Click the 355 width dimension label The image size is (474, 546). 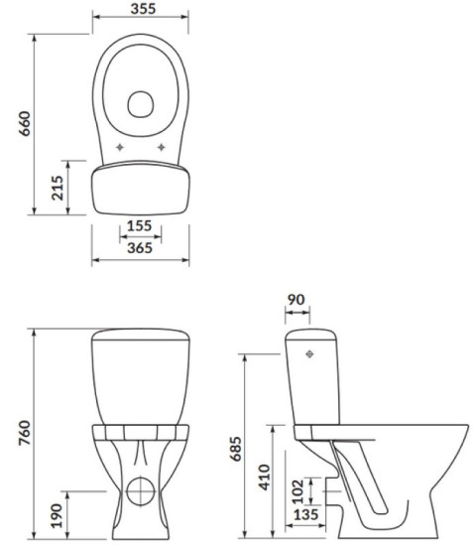pyautogui.click(x=143, y=9)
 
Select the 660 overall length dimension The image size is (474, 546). pyautogui.click(x=25, y=124)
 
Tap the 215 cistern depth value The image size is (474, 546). pyautogui.click(x=58, y=188)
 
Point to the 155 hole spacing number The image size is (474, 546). pyautogui.click(x=140, y=225)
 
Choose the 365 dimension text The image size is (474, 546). pyautogui.click(x=140, y=248)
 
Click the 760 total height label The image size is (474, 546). pyautogui.click(x=25, y=433)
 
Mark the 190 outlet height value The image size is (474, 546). pyautogui.click(x=57, y=515)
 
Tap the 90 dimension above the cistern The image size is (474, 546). pyautogui.click(x=296, y=300)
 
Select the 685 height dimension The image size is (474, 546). pyautogui.click(x=236, y=449)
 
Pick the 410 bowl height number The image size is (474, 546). pyautogui.click(x=265, y=478)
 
